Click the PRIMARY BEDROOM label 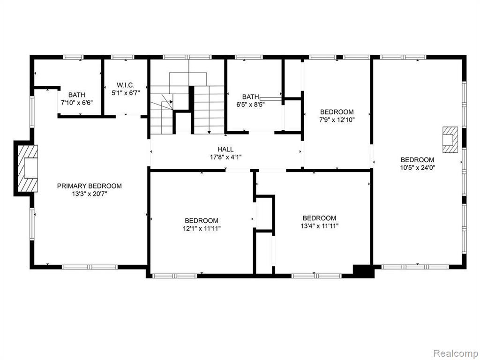pyautogui.click(x=90, y=186)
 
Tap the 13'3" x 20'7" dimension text pyautogui.click(x=90, y=194)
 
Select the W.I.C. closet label pyautogui.click(x=126, y=85)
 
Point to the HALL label pyautogui.click(x=225, y=150)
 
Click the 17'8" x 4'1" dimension pyautogui.click(x=225, y=157)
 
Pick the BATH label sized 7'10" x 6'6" pyautogui.click(x=77, y=95)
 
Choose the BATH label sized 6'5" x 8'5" pyautogui.click(x=251, y=97)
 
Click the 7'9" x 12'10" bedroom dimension pyautogui.click(x=337, y=120)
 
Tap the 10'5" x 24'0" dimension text pyautogui.click(x=418, y=167)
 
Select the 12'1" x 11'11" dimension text pyautogui.click(x=202, y=228)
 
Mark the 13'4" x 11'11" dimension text pyautogui.click(x=319, y=226)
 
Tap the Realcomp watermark pyautogui.click(x=455, y=353)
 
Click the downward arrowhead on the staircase pyautogui.click(x=209, y=132)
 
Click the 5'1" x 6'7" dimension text pyautogui.click(x=126, y=92)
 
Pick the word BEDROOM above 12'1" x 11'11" pyautogui.click(x=202, y=220)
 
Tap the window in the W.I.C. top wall pyautogui.click(x=122, y=57)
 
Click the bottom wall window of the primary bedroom pyautogui.click(x=90, y=267)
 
